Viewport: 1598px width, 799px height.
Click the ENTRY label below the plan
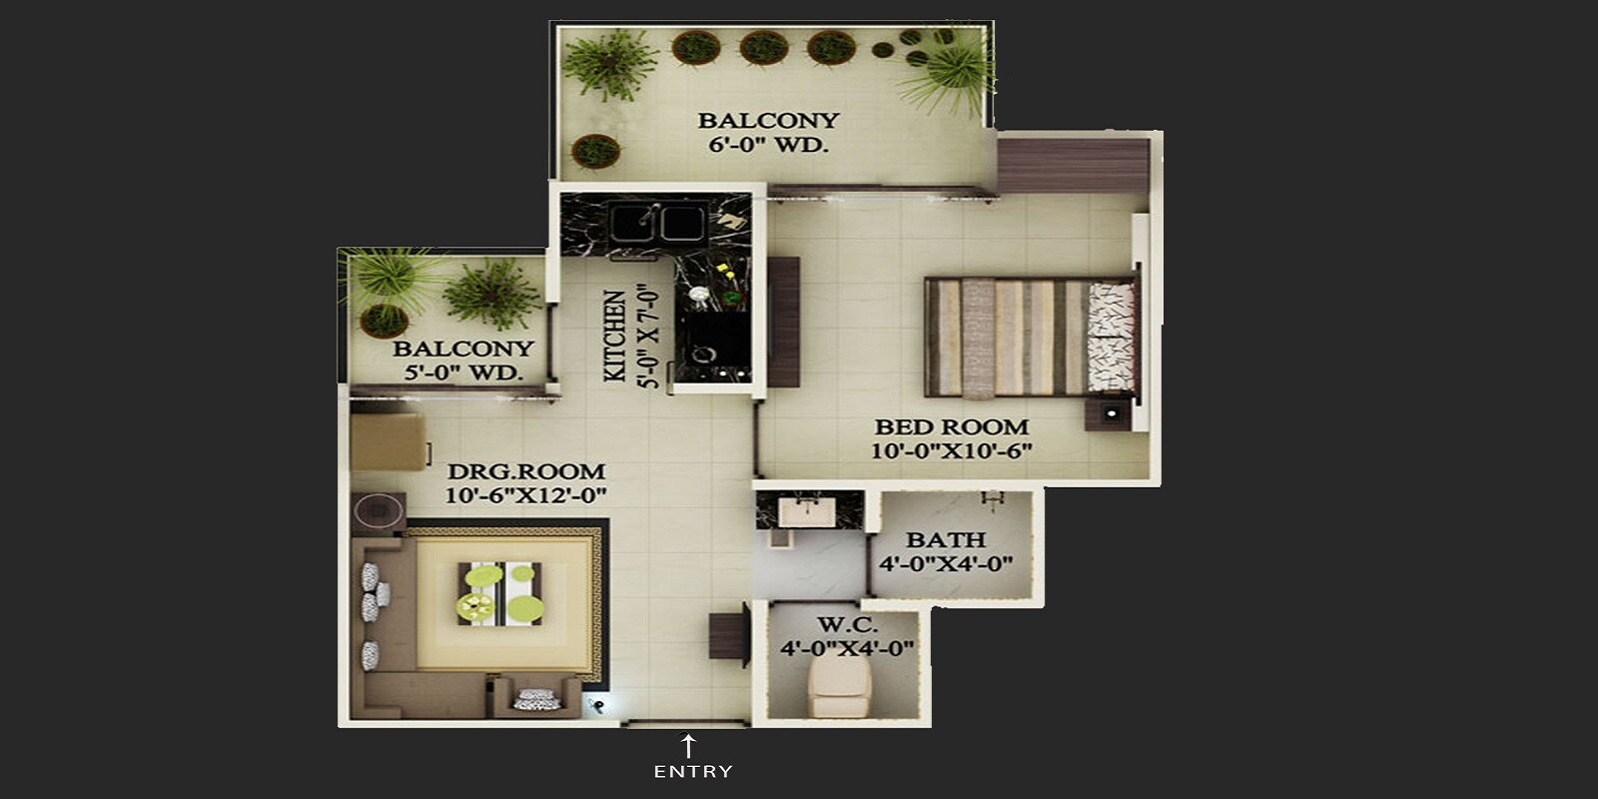coord(693,771)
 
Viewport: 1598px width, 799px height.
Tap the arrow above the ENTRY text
coord(688,745)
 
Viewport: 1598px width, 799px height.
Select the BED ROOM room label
coord(951,426)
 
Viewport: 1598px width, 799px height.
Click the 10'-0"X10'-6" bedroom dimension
coord(951,450)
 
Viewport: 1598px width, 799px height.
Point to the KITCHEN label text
coord(616,336)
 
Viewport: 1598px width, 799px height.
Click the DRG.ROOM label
coord(525,471)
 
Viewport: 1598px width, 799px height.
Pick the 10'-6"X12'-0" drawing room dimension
coord(525,495)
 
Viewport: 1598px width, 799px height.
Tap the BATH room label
coord(945,539)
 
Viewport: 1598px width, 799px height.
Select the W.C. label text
coord(847,625)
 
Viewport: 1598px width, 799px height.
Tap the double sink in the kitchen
coord(657,223)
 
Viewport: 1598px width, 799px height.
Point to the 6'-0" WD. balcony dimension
coord(767,145)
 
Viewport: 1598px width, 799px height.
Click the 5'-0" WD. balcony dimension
coord(463,373)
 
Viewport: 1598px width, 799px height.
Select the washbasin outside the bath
coord(804,511)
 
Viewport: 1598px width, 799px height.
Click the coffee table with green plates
coord(500,593)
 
